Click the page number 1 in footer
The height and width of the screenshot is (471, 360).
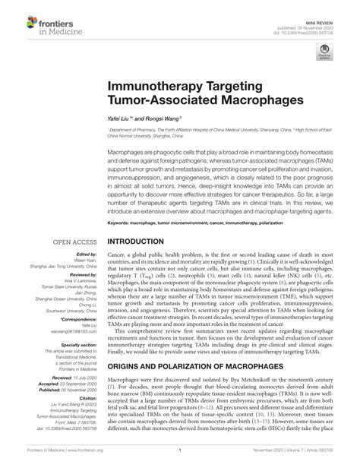coord(179,460)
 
